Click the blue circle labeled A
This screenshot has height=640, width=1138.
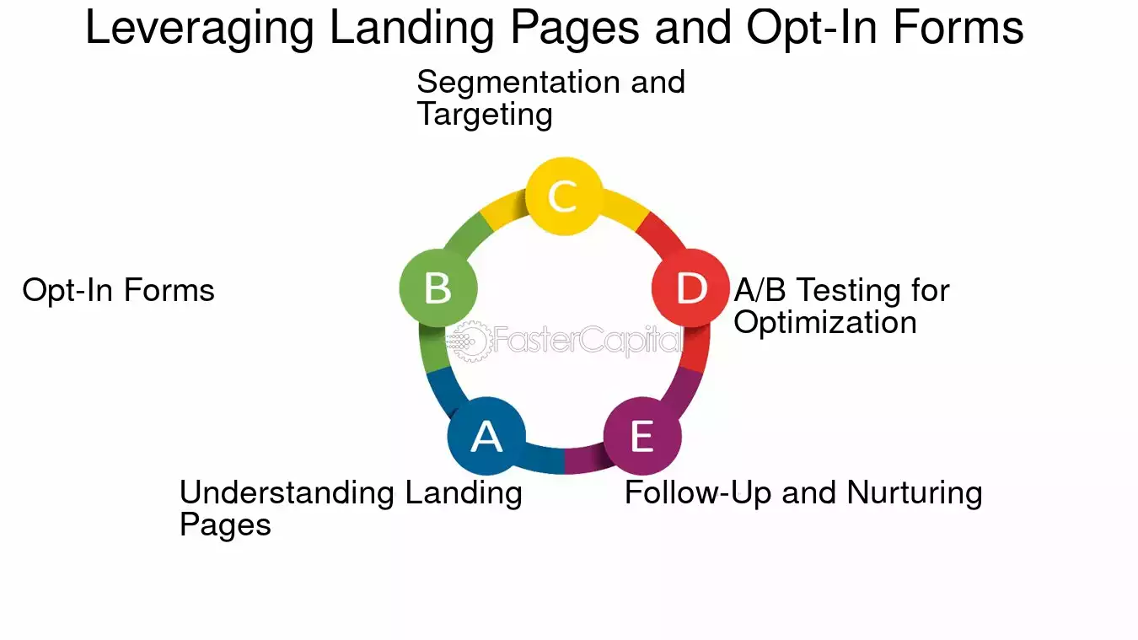click(486, 436)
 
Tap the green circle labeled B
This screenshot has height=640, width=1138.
click(438, 288)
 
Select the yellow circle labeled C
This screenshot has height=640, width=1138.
click(564, 196)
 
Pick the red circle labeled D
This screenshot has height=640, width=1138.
click(691, 288)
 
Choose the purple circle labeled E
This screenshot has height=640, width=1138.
click(642, 436)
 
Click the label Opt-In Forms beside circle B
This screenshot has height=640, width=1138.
click(118, 290)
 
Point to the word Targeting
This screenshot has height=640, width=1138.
click(485, 115)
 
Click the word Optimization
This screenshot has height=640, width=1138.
click(825, 322)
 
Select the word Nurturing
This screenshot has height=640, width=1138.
click(915, 493)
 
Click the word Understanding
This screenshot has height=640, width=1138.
click(287, 492)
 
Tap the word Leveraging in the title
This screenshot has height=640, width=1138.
click(200, 29)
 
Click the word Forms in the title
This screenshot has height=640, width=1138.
click(958, 28)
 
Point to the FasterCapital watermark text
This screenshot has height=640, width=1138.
click(588, 340)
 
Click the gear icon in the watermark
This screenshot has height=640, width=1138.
click(470, 342)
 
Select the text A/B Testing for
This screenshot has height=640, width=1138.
click(842, 290)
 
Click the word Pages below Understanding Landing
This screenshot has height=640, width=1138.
click(225, 525)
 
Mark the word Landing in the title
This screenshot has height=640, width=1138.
click(412, 29)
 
